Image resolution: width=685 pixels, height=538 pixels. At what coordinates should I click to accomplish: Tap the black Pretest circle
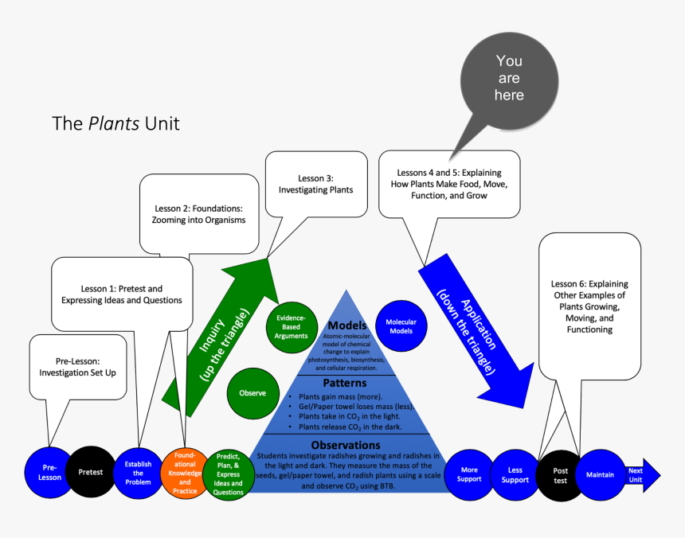(90, 472)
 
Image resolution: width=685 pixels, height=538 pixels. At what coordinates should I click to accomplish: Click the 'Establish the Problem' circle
(138, 472)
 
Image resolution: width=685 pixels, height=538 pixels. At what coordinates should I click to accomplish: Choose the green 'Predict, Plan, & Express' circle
(229, 474)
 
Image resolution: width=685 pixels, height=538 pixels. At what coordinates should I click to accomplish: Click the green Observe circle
(252, 392)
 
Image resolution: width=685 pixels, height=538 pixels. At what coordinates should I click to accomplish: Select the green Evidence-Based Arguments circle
(292, 326)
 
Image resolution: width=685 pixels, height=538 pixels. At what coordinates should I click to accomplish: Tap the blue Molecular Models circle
(401, 326)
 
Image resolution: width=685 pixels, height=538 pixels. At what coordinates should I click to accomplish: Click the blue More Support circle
(469, 474)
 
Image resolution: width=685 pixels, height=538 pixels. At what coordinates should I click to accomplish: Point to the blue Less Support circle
(515, 474)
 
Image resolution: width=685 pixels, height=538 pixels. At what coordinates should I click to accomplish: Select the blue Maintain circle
(600, 475)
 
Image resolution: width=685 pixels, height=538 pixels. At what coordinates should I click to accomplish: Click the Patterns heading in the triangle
(344, 383)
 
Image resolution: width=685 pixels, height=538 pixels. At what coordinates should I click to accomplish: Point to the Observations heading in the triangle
(345, 444)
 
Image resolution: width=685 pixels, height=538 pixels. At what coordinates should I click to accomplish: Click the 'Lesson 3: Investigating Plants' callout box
(315, 184)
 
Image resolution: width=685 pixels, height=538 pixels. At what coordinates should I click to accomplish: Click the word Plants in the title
(112, 123)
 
